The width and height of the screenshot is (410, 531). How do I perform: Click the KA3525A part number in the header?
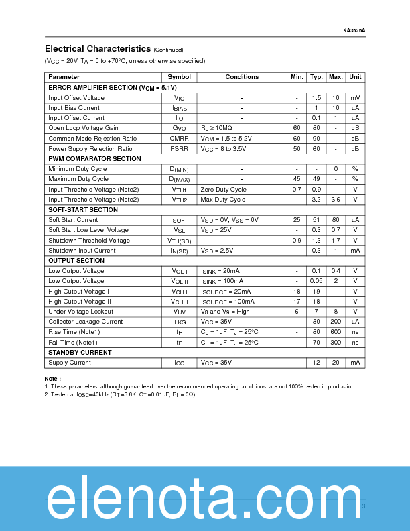354,30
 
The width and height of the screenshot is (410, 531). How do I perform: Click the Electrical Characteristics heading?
98,49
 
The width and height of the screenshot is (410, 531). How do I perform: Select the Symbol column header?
179,77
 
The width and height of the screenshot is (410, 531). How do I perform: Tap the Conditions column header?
242,77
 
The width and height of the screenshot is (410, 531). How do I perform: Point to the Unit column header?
355,77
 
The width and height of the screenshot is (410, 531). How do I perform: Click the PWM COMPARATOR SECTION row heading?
94,159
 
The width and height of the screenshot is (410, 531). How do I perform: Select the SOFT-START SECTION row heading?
83,210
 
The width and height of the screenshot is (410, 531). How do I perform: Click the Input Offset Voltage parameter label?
76,98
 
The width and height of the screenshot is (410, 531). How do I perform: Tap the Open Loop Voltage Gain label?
83,128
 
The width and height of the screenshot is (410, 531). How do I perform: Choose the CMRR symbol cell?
179,139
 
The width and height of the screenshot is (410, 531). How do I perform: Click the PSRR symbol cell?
179,149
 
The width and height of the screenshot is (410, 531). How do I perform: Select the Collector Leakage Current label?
85,322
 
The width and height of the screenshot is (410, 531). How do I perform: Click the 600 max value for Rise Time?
336,332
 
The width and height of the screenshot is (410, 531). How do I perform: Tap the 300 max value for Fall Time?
336,342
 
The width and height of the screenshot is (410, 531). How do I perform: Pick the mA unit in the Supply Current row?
355,363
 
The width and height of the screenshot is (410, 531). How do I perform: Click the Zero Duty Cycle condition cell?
223,190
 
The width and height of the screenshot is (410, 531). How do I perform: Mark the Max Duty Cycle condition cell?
222,200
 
